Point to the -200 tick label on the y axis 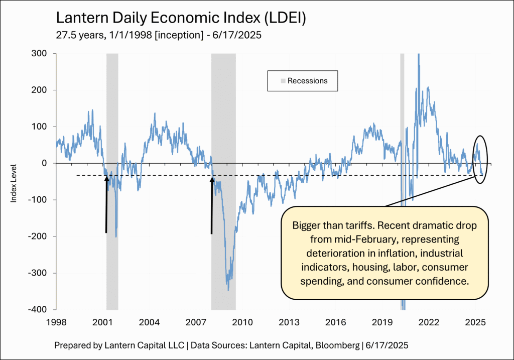pos(39,236)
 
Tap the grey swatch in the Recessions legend pos(283,81)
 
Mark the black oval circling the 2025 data pos(480,159)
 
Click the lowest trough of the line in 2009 pos(228,290)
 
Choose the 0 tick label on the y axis pos(45,163)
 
